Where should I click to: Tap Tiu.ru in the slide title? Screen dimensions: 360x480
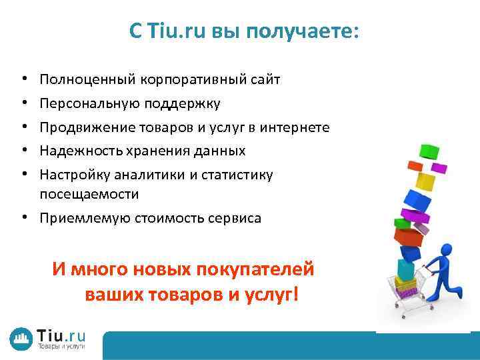coord(179,32)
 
